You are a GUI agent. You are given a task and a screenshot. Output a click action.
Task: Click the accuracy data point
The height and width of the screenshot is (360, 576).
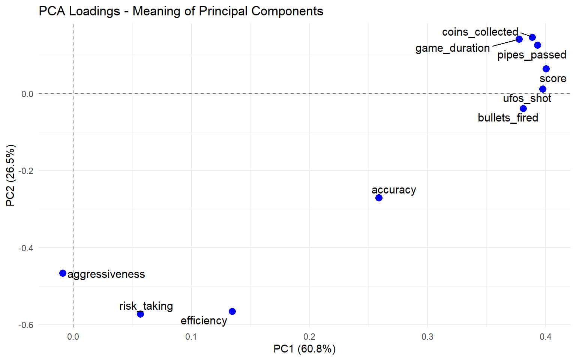[379, 198]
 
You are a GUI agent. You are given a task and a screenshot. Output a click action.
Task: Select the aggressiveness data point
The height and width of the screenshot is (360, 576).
[63, 273]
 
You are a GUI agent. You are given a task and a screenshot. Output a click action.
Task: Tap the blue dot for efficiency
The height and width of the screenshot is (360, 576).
[232, 311]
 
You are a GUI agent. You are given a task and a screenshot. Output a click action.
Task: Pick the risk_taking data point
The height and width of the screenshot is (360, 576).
[140, 314]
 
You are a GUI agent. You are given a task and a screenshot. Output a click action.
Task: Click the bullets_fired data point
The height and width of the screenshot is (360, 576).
[523, 108]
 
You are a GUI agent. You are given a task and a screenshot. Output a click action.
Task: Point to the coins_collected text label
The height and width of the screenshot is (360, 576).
[480, 32]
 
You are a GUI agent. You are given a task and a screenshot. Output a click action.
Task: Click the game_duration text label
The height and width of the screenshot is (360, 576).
[452, 48]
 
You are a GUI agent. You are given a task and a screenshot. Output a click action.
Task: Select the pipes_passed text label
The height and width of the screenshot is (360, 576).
[531, 55]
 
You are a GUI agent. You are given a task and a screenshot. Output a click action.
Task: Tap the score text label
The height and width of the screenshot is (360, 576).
[553, 79]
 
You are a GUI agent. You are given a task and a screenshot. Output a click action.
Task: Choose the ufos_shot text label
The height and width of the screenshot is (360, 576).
[527, 99]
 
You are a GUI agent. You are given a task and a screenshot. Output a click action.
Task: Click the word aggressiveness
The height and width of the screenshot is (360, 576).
[106, 274]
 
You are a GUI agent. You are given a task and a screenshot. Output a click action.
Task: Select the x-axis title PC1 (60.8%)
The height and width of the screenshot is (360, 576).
[304, 349]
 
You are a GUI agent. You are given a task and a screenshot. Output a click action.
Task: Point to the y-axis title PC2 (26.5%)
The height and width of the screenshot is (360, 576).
[10, 175]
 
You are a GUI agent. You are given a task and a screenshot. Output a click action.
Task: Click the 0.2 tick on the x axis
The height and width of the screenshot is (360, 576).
[309, 336]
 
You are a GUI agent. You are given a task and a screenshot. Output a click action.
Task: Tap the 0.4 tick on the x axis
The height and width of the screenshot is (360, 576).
[545, 336]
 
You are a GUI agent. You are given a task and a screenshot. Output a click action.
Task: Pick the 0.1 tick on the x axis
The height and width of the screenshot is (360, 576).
[191, 336]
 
